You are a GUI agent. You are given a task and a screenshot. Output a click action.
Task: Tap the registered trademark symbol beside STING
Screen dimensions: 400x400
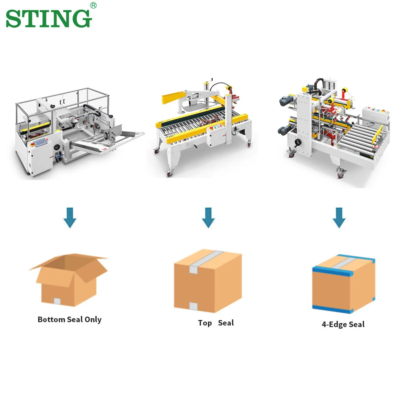point(93,5)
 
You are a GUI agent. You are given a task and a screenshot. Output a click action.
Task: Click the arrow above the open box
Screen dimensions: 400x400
point(70,217)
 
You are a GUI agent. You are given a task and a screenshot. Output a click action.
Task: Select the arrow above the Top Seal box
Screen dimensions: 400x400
point(208,217)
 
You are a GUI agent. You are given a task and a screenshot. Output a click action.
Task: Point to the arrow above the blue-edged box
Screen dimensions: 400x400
point(339,217)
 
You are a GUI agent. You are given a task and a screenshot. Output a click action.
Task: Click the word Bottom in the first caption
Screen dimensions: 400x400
point(51,319)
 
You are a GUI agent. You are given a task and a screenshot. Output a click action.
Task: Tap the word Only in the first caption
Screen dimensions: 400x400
point(93,320)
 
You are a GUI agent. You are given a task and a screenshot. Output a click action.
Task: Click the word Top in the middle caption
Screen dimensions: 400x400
point(205,323)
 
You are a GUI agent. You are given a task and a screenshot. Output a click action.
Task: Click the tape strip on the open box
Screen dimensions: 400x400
point(58,301)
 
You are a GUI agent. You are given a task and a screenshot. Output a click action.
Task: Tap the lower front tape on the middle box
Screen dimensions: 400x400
point(193,306)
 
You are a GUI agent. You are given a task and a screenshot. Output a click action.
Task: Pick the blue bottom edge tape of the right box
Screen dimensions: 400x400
point(332,309)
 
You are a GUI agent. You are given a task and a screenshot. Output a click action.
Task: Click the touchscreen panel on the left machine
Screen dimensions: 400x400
point(41,143)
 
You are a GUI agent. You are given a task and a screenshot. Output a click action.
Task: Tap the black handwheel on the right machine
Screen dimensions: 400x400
point(298,142)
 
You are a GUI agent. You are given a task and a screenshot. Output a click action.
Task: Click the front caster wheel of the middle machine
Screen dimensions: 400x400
point(170,174)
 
